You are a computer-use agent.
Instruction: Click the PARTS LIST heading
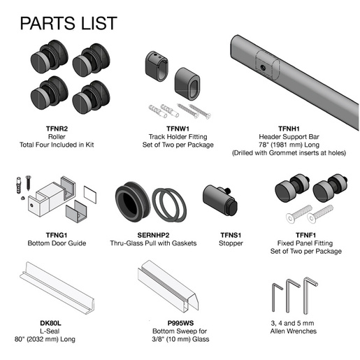pyautogui.click(x=69, y=23)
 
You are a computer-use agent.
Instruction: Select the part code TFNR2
pyautogui.click(x=57, y=129)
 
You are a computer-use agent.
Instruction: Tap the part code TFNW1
pyautogui.click(x=178, y=129)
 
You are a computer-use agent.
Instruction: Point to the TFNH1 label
pyautogui.click(x=289, y=129)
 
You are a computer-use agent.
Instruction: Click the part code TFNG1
pyautogui.click(x=57, y=235)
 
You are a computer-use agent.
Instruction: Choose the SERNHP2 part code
pyautogui.click(x=153, y=235)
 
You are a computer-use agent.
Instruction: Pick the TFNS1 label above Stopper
pyautogui.click(x=231, y=235)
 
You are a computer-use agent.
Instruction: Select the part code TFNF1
pyautogui.click(x=305, y=235)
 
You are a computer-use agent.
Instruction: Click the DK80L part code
pyautogui.click(x=50, y=323)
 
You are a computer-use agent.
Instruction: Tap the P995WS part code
pyautogui.click(x=180, y=323)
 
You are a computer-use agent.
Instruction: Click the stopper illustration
pyautogui.click(x=220, y=200)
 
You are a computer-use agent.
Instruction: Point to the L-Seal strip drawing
pyautogui.click(x=57, y=288)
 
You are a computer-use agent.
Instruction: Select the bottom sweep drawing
pyautogui.click(x=168, y=287)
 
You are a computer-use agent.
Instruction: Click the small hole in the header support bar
pyautogui.click(x=263, y=68)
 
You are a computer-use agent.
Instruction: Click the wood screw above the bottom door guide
pyautogui.click(x=29, y=183)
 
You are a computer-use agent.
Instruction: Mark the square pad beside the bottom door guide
pyautogui.click(x=90, y=194)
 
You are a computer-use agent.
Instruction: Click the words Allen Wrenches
pyautogui.click(x=294, y=331)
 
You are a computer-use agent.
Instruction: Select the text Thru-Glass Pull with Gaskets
pyautogui.click(x=153, y=243)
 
